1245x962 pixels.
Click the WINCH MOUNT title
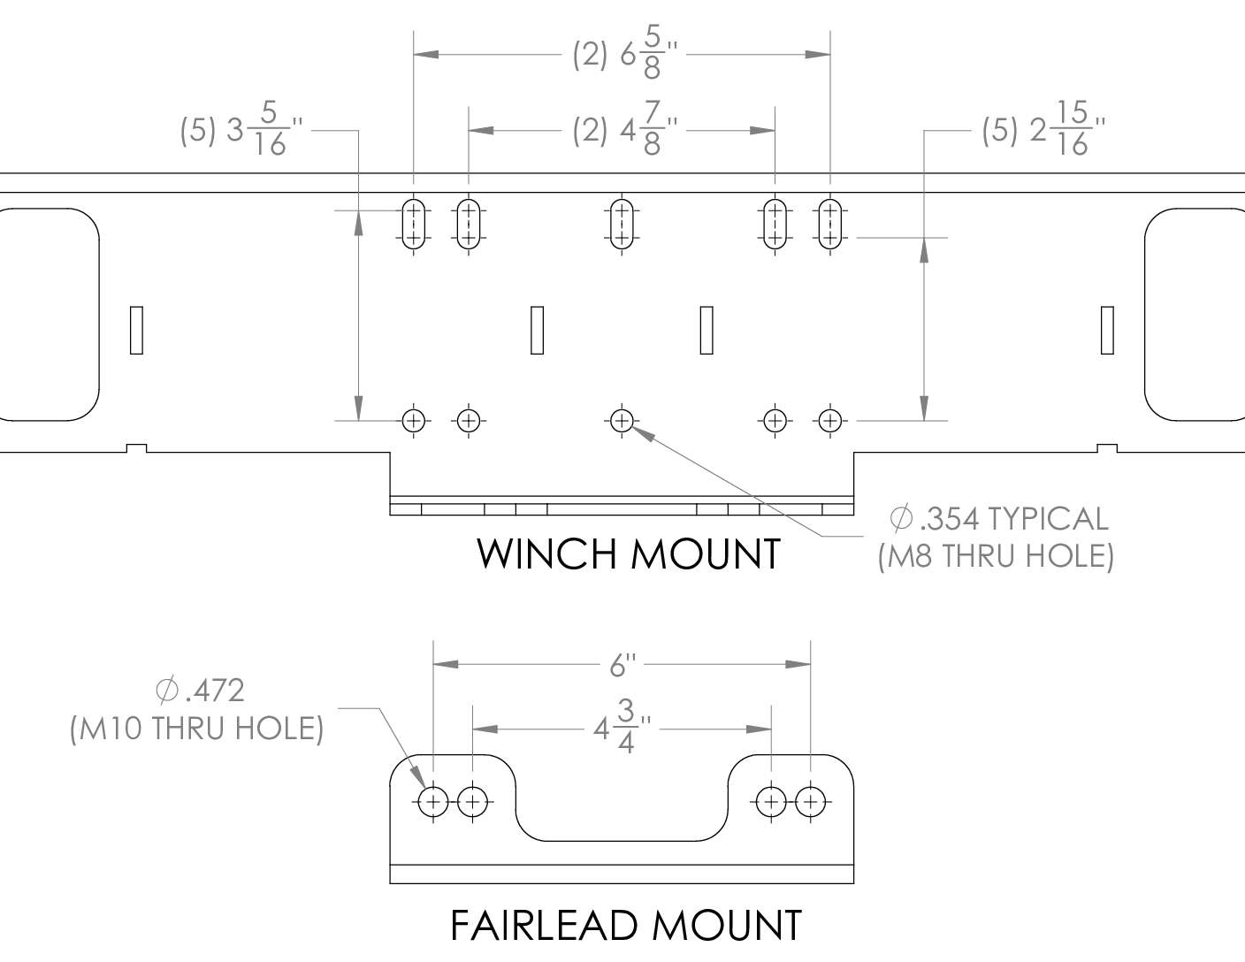629,554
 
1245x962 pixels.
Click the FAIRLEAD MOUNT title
626,925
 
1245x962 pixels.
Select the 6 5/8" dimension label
626,55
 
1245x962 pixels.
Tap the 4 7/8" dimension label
626,131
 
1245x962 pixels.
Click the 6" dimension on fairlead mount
622,664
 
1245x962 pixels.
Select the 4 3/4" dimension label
622,729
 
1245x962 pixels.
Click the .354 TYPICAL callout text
1000,518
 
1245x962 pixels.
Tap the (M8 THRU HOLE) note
996,556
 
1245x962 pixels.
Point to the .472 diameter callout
199,690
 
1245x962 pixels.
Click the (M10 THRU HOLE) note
196,728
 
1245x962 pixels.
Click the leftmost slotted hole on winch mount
414,225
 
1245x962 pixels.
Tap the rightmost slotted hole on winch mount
829,225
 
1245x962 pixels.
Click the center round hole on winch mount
622,420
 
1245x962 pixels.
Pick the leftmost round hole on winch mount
414,420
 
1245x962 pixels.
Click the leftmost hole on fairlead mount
433,803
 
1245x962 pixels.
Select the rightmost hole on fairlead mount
811,803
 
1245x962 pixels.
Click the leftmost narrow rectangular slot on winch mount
136,330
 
